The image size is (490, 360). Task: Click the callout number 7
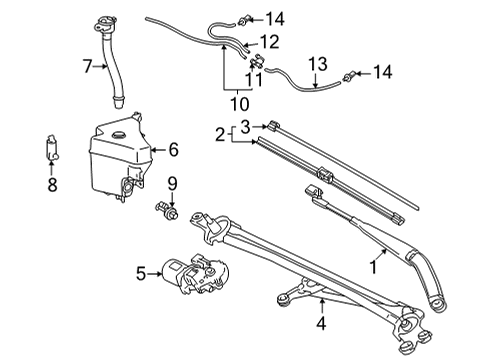point(88,67)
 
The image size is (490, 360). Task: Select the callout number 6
point(173,150)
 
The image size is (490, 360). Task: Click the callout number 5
point(141,270)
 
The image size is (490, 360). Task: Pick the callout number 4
point(321,323)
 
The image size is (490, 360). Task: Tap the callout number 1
point(375,266)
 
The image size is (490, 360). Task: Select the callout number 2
point(219,133)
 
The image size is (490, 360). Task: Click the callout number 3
point(245,126)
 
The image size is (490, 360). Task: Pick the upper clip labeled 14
point(246,16)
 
